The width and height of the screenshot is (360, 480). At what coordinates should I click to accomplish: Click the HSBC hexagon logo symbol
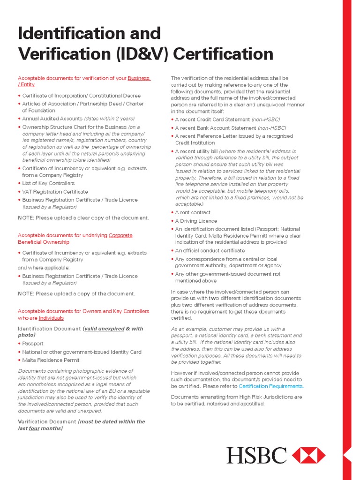(308, 455)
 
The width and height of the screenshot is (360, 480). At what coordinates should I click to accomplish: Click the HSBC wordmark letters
(257, 455)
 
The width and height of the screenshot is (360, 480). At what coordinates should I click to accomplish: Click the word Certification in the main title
(224, 54)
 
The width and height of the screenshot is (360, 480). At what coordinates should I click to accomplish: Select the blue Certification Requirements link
(271, 386)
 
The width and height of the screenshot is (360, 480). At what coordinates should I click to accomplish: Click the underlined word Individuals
(51, 318)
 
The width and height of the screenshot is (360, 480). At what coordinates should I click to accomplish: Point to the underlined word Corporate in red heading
(120, 235)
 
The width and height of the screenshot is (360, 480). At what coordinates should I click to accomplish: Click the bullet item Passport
(32, 344)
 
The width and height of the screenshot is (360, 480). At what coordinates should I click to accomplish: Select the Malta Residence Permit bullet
(51, 360)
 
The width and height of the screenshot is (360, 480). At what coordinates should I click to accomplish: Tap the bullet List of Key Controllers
(48, 183)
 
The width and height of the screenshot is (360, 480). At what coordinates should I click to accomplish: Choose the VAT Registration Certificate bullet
(55, 192)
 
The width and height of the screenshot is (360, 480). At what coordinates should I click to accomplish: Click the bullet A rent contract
(193, 212)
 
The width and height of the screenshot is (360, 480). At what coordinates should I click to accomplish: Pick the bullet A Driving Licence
(196, 221)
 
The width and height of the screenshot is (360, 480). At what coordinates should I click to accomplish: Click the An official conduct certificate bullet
(210, 251)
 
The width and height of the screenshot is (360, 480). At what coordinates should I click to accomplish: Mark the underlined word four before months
(34, 428)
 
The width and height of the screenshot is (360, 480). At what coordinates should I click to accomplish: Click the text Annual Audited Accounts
(52, 119)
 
